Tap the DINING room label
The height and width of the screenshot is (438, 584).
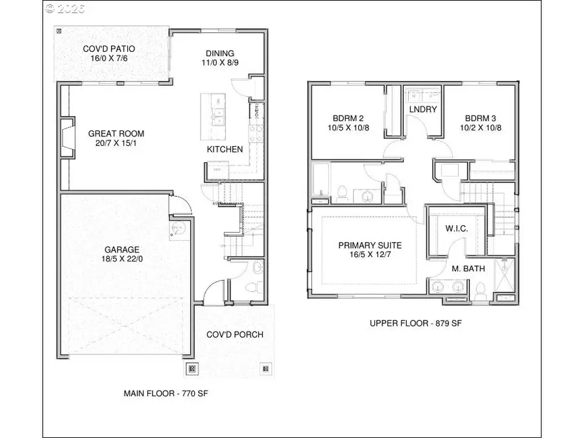pyautogui.click(x=220, y=53)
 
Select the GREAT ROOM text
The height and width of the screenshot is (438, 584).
pyautogui.click(x=116, y=134)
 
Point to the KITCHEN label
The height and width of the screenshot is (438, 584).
pyautogui.click(x=225, y=149)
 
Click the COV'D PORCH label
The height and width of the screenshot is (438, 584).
pyautogui.click(x=234, y=334)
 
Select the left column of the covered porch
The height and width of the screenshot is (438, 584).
pyautogui.click(x=191, y=369)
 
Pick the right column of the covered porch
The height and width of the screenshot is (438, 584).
pyautogui.click(x=265, y=369)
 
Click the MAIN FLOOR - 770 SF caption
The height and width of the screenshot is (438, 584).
pyautogui.click(x=165, y=393)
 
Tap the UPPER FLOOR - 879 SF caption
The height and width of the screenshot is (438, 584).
pyautogui.click(x=411, y=322)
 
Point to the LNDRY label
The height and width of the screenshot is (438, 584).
pyautogui.click(x=423, y=110)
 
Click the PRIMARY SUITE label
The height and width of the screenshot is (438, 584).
pyautogui.click(x=370, y=245)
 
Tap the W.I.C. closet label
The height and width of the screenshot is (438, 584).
pyautogui.click(x=456, y=230)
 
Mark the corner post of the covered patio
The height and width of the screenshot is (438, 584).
pyautogui.click(x=59, y=30)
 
